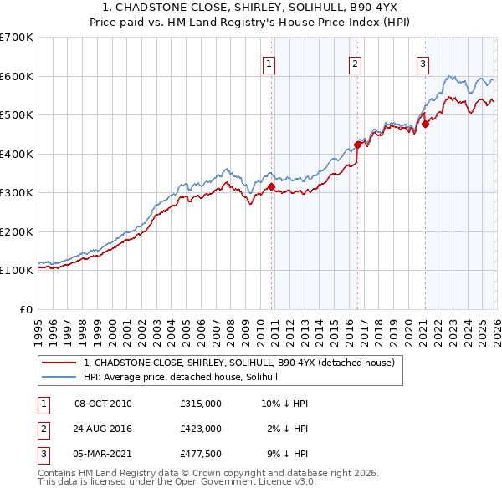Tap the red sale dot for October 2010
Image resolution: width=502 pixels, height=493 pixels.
[271, 187]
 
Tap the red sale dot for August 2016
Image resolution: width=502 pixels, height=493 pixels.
[357, 145]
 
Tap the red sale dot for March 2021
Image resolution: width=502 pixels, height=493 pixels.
[425, 125]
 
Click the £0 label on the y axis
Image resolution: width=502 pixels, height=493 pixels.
[25, 309]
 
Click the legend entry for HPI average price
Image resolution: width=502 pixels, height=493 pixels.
[186, 377]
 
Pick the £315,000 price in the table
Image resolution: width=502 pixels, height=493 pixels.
[200, 404]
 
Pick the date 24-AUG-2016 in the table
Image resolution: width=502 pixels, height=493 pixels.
[103, 429]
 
